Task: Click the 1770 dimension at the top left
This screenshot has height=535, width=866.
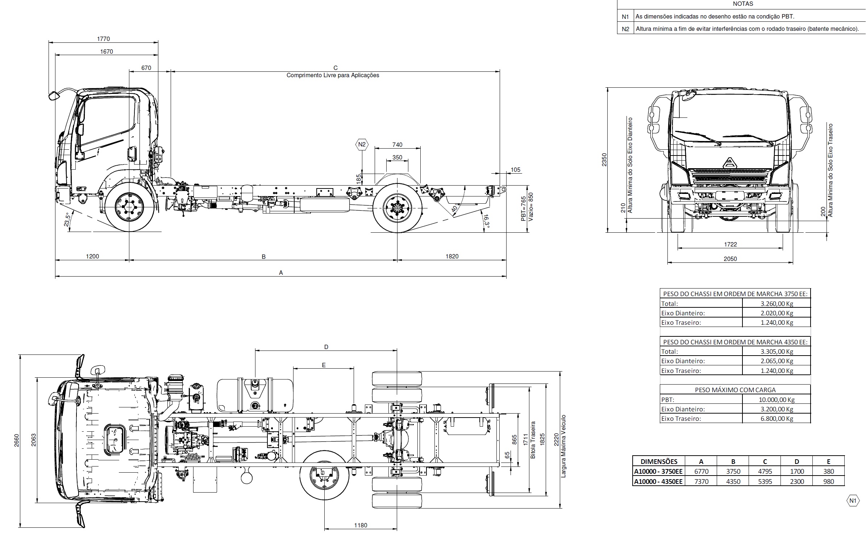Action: [x=103, y=39]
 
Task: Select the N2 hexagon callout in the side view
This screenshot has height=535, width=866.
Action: [x=362, y=145]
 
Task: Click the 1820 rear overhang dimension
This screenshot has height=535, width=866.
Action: [x=451, y=256]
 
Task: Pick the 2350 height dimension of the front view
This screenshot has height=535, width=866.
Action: [x=604, y=160]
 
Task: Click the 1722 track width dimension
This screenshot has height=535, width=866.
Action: [x=730, y=244]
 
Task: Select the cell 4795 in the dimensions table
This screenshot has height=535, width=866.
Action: [x=765, y=472]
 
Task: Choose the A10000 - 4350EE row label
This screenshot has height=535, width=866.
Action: [x=658, y=481]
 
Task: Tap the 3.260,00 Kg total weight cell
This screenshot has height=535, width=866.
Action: [x=777, y=303]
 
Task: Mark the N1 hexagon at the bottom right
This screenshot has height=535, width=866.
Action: [x=853, y=501]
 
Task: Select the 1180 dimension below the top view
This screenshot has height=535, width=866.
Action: [x=361, y=525]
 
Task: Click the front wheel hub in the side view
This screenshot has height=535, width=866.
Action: [x=129, y=207]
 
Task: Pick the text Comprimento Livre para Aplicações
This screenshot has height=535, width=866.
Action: [x=333, y=75]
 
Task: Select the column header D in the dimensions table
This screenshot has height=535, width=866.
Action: [x=797, y=461]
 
